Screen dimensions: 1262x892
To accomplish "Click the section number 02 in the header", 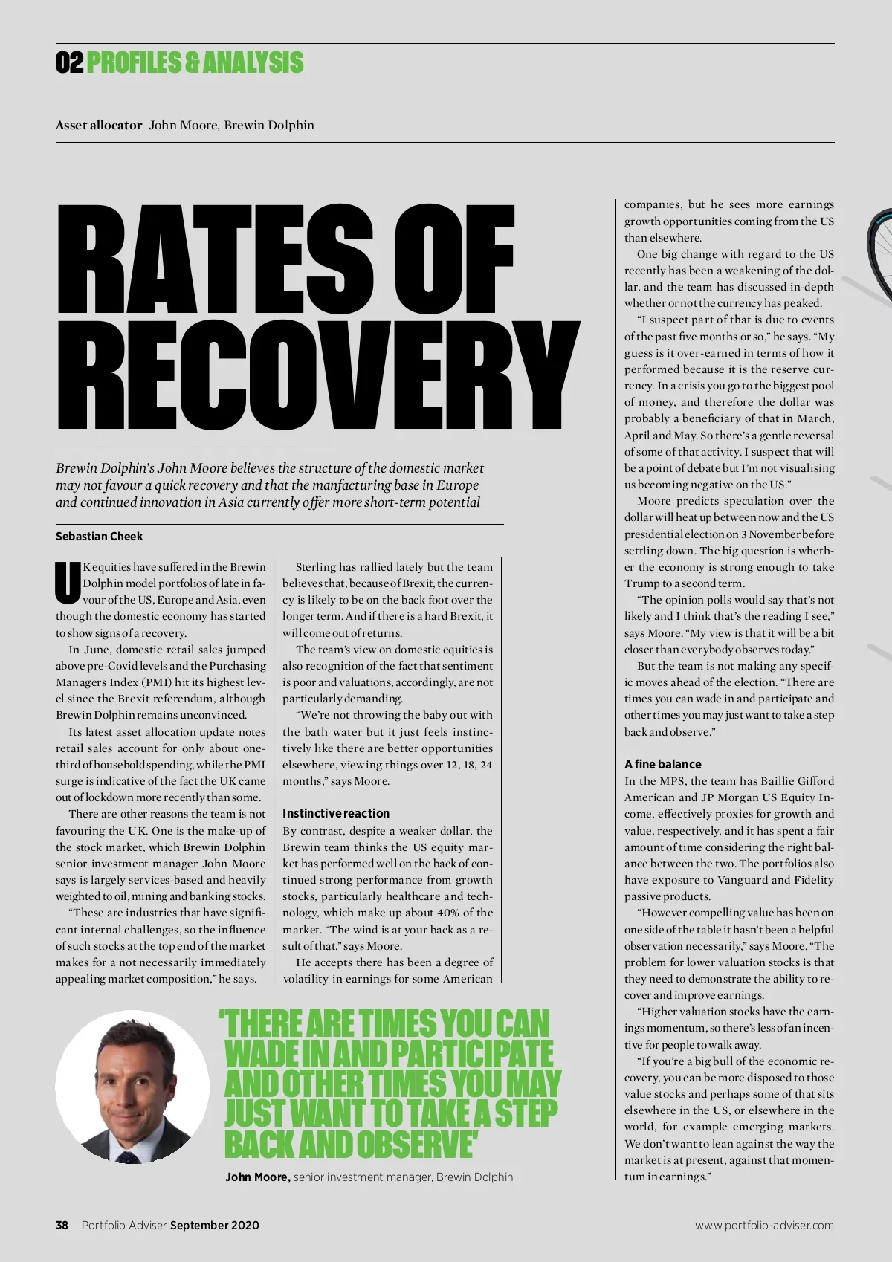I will click(69, 63).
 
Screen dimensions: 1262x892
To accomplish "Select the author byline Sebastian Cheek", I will click(99, 536).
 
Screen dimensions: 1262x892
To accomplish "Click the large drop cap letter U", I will click(68, 583).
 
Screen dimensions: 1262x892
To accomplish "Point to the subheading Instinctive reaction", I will click(336, 813).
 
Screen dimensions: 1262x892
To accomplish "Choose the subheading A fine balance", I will click(662, 764).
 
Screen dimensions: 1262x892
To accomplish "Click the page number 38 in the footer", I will click(62, 1225).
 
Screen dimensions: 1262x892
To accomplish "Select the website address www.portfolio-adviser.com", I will click(764, 1225).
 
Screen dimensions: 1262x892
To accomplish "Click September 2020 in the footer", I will click(214, 1225).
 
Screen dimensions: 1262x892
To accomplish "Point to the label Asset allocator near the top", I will click(99, 125).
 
